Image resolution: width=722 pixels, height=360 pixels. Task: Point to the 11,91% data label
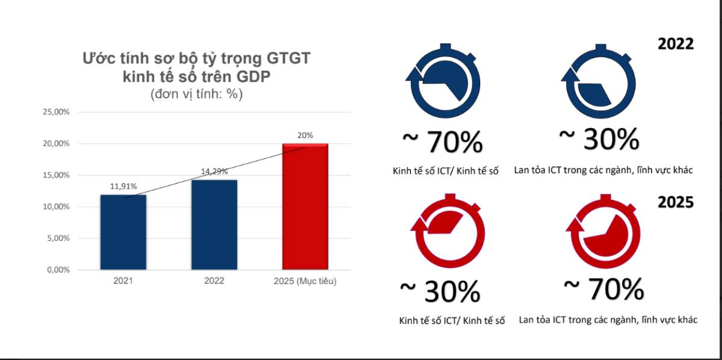(123, 186)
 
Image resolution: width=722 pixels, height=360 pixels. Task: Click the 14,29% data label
(214, 171)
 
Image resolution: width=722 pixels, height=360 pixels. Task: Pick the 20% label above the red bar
(305, 135)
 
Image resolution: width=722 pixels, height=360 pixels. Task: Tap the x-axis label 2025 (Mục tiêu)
(305, 281)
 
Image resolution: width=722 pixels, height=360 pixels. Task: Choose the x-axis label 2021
(123, 281)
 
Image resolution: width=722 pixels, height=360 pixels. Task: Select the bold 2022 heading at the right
(675, 44)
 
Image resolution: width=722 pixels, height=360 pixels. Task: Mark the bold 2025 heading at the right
(675, 202)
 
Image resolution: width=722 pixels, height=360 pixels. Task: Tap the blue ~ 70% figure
(442, 142)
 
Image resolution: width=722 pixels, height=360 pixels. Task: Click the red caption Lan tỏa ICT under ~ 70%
(608, 320)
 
